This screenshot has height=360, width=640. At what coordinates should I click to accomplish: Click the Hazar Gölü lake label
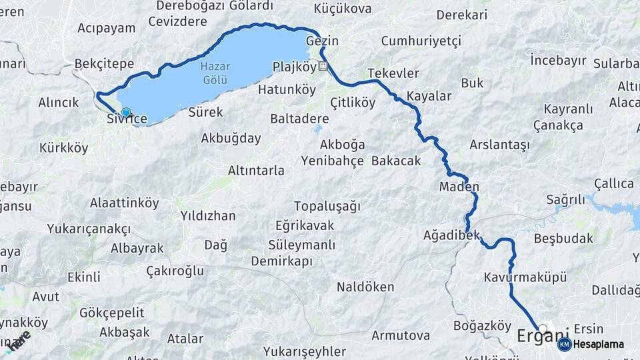(x=215, y=73)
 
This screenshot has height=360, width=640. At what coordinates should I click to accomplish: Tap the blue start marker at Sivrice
(x=125, y=112)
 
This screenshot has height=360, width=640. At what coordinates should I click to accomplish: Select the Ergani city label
(x=543, y=336)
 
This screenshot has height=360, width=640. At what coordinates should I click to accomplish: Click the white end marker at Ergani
(x=543, y=329)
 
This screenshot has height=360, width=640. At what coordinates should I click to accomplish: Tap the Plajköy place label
(x=294, y=67)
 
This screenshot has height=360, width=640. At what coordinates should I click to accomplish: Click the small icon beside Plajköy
(x=323, y=66)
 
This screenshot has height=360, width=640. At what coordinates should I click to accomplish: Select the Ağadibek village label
(x=451, y=235)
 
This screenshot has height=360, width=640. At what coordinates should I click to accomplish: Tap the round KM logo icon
(x=564, y=344)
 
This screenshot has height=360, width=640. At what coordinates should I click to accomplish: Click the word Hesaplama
(x=598, y=345)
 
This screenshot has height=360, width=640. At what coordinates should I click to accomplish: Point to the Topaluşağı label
(x=327, y=205)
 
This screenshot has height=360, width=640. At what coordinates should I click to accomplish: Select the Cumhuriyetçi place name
(x=421, y=41)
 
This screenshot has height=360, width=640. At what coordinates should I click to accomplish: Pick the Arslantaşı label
(x=499, y=144)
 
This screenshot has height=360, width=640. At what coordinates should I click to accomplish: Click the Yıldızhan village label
(x=208, y=216)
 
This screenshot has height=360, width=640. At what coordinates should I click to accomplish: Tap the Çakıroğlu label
(x=175, y=271)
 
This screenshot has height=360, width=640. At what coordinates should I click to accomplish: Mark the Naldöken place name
(x=365, y=287)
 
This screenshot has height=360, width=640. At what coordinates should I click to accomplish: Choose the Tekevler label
(x=393, y=73)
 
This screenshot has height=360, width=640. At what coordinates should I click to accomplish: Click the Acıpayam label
(x=106, y=28)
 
